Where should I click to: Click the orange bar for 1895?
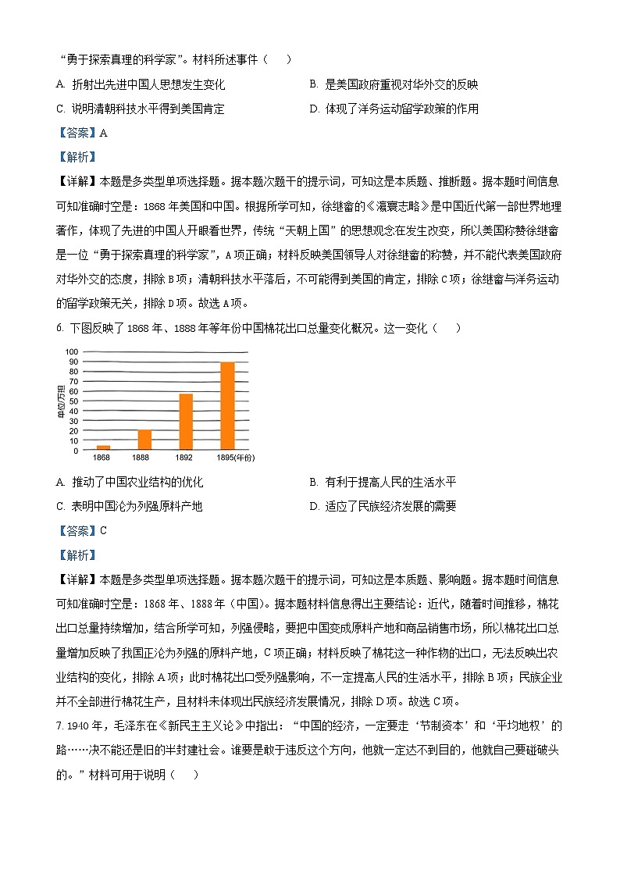pyautogui.click(x=227, y=406)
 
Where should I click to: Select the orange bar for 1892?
pyautogui.click(x=186, y=422)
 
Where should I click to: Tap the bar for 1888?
pyautogui.click(x=144, y=440)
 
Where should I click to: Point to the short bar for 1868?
pyautogui.click(x=103, y=447)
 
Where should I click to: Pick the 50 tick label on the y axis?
pyautogui.click(x=73, y=401)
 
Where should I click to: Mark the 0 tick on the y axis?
pyautogui.click(x=75, y=451)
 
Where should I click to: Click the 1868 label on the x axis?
pyautogui.click(x=102, y=458)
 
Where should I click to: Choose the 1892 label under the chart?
pyautogui.click(x=184, y=458)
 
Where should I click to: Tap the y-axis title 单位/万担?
pyautogui.click(x=60, y=401)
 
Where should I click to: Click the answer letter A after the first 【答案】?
pyautogui.click(x=103, y=133)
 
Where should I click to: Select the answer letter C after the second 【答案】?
pyautogui.click(x=103, y=531)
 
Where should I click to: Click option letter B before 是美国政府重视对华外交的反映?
pyautogui.click(x=313, y=85)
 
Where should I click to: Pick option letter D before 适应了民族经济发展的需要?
pyautogui.click(x=313, y=507)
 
